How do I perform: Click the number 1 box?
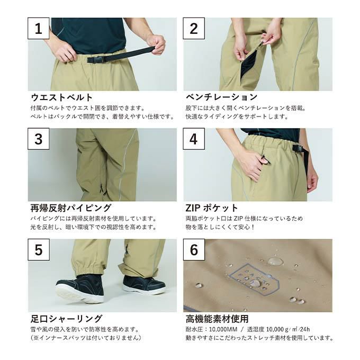[x=39, y=28]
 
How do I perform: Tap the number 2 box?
[x=194, y=28]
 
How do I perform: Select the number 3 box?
[x=39, y=139]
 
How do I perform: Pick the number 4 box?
[x=194, y=139]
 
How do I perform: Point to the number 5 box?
[x=39, y=249]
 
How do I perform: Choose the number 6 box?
[x=194, y=249]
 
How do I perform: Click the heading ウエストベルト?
[x=61, y=97]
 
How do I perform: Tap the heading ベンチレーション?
[x=221, y=97]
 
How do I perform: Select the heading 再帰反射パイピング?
[x=71, y=208]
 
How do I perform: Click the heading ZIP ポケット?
[x=212, y=208]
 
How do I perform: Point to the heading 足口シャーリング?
[x=66, y=319]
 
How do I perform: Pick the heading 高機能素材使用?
[x=217, y=319]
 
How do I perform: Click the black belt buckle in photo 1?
[x=96, y=59]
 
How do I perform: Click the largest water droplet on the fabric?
[x=275, y=262]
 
